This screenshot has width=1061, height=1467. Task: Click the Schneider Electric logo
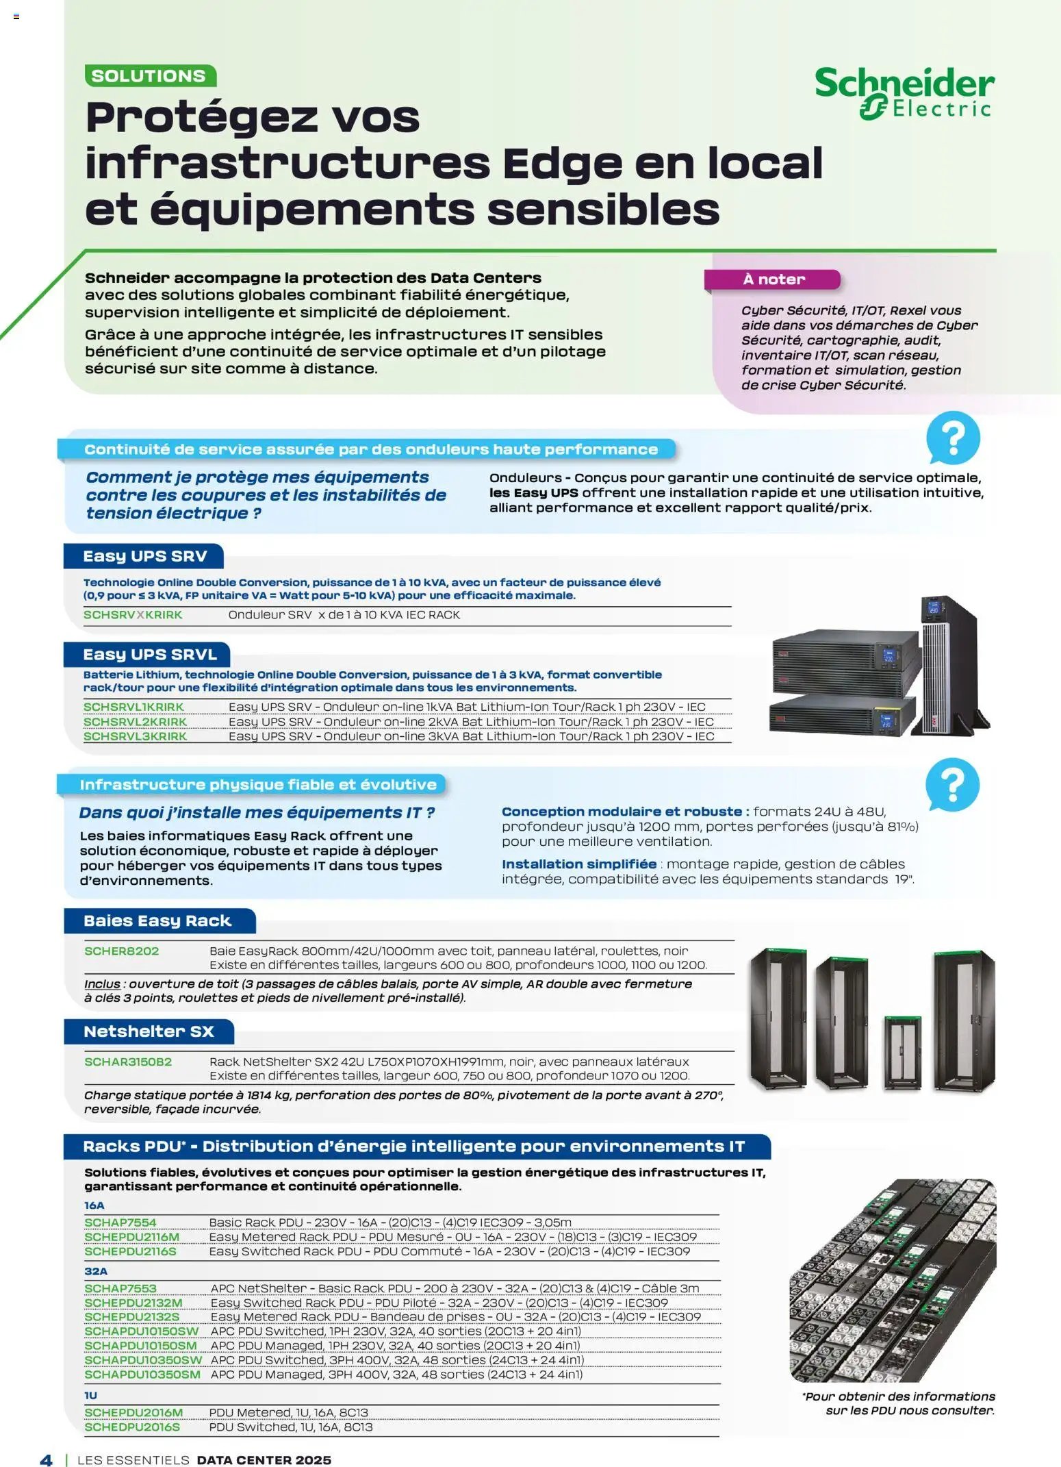point(904,93)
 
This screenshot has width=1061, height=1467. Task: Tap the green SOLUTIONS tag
point(150,76)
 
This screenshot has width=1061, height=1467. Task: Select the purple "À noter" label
point(773,279)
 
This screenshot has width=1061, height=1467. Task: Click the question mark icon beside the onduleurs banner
point(953,438)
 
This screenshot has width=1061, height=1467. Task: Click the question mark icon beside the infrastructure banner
point(952,784)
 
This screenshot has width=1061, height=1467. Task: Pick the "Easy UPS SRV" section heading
point(144,556)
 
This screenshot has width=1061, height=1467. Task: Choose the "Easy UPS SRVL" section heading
point(149,655)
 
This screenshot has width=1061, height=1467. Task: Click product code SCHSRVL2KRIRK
point(135,722)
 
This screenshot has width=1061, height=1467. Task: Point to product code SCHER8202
point(121,951)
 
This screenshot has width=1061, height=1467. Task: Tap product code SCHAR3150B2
point(128,1062)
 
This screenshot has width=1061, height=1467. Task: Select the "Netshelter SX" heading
point(149,1031)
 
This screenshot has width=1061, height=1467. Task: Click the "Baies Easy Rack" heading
point(157,921)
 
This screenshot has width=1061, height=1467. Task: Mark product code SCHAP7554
point(120,1222)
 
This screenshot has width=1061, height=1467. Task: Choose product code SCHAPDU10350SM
point(142,1375)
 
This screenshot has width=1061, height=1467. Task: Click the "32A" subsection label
point(96,1271)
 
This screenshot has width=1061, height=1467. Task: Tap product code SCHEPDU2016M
point(133,1413)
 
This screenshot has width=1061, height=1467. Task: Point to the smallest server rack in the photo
point(904,1053)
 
